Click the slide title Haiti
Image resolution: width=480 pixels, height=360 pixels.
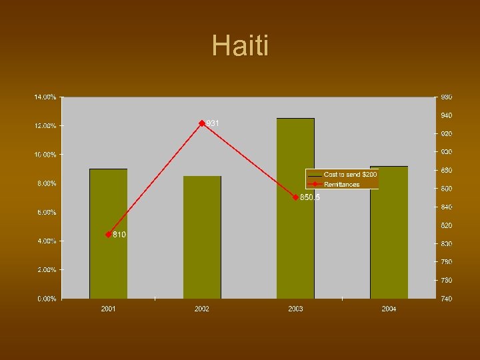[x=240, y=47]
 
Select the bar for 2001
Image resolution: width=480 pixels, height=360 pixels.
[x=108, y=233]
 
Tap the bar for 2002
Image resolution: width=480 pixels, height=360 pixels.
[x=202, y=237]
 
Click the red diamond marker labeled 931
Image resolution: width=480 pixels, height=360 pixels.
[x=202, y=123]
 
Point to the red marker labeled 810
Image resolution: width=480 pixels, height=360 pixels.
[x=108, y=235]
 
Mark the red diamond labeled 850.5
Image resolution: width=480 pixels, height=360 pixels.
[x=295, y=197]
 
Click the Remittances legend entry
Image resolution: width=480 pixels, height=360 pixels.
[x=341, y=184]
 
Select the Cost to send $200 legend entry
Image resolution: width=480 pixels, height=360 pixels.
[x=349, y=174]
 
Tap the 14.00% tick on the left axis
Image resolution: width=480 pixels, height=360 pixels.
[x=45, y=97]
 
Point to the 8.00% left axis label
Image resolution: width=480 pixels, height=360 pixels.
[x=46, y=183]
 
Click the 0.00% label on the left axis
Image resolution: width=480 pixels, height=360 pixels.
[x=46, y=299]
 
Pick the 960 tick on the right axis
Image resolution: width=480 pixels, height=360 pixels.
[x=445, y=97]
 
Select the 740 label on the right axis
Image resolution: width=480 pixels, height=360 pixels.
[x=445, y=299]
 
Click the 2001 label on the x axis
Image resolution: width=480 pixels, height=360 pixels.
[x=108, y=309]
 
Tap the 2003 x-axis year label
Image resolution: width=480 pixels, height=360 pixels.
[x=295, y=309]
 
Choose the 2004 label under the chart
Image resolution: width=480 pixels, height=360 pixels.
[x=389, y=309]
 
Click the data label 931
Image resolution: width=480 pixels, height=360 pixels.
[x=213, y=123]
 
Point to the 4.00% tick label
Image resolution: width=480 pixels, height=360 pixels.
[x=46, y=241]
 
